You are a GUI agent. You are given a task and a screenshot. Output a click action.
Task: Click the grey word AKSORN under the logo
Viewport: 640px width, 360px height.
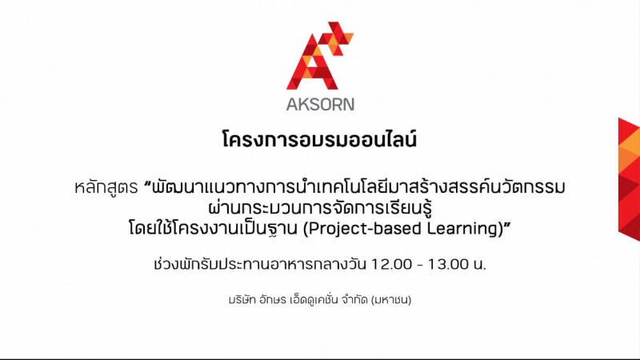pyautogui.click(x=320, y=105)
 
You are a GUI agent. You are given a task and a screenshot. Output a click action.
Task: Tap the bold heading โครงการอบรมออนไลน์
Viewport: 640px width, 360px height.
pyautogui.click(x=319, y=139)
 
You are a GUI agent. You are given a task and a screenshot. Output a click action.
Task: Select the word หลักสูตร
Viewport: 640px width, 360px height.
pyautogui.click(x=106, y=187)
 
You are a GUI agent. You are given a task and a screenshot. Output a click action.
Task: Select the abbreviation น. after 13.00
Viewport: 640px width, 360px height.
pyautogui.click(x=480, y=265)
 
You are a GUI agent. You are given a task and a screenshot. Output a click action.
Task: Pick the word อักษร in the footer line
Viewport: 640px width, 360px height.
pyautogui.click(x=272, y=301)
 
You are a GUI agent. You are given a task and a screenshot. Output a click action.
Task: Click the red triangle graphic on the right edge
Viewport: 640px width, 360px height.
pyautogui.click(x=629, y=178)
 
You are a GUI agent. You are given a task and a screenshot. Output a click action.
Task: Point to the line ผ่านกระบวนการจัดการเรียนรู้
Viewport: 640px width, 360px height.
pyautogui.click(x=320, y=208)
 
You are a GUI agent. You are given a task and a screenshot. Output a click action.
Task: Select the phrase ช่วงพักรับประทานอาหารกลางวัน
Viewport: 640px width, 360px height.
pyautogui.click(x=259, y=264)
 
